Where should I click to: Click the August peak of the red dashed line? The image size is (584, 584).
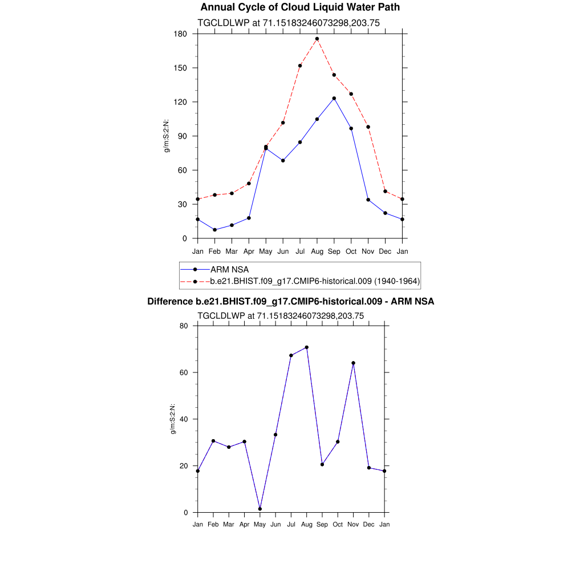[317, 39]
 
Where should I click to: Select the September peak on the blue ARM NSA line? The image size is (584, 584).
[334, 98]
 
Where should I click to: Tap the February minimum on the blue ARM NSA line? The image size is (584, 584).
[214, 230]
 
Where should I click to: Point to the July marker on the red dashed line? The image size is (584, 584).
[300, 66]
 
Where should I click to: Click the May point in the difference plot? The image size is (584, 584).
[260, 509]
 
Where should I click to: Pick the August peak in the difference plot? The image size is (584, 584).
[307, 347]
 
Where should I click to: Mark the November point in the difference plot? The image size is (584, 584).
[354, 363]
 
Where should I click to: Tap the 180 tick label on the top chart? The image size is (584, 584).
[181, 34]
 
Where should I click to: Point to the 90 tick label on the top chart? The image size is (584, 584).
[183, 136]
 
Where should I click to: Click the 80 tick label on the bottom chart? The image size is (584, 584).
[184, 326]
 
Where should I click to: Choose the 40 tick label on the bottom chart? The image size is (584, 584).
[184, 419]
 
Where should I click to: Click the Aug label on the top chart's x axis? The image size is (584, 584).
[317, 251]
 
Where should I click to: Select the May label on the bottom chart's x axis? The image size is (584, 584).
[260, 524]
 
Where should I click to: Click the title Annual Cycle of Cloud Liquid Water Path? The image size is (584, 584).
[300, 7]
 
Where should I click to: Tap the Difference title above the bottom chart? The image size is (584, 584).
[291, 301]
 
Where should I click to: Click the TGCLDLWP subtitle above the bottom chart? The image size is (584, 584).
[281, 315]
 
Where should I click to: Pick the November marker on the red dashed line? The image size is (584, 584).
[368, 127]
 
